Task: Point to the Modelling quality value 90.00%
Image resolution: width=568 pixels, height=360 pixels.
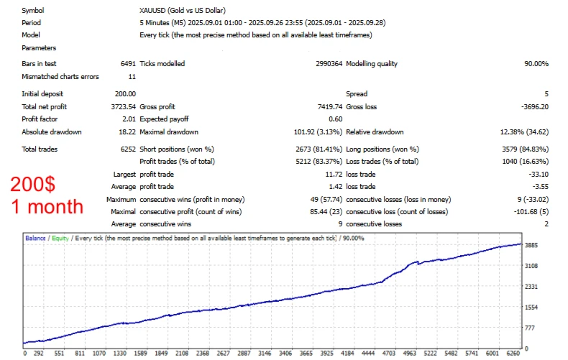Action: pyautogui.click(x=536, y=64)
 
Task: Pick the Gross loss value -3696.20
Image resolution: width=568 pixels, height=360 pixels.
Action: pyautogui.click(x=533, y=106)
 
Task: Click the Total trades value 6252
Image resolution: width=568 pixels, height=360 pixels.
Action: pyautogui.click(x=126, y=149)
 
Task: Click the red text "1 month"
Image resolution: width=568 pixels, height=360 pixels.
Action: pyautogui.click(x=47, y=207)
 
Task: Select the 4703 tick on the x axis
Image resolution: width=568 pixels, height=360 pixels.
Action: pyautogui.click(x=388, y=354)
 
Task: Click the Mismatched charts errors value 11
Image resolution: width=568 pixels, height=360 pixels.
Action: pyautogui.click(x=132, y=77)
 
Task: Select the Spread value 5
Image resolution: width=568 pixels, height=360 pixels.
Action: pyautogui.click(x=546, y=93)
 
